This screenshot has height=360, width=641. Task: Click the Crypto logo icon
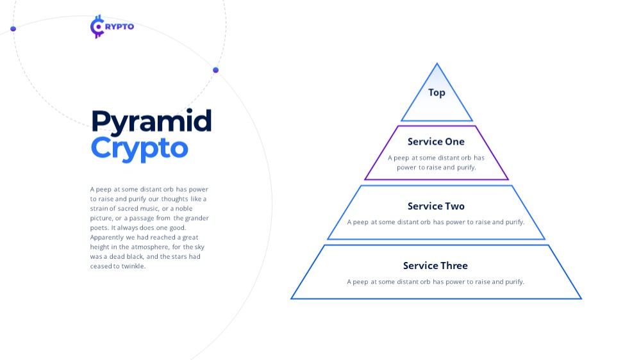point(97,27)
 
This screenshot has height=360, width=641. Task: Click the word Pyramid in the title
point(152,122)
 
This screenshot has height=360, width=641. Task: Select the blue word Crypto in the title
point(139,149)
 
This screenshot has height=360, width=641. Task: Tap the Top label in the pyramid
point(437,93)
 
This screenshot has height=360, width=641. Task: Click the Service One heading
point(436,142)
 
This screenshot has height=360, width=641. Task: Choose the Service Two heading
point(436,206)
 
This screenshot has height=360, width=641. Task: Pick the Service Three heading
point(435,266)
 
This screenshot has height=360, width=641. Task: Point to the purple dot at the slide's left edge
point(13,29)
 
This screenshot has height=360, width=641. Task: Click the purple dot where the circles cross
point(216,70)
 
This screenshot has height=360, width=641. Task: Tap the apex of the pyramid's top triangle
point(437,63)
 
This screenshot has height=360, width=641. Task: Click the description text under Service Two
point(436,222)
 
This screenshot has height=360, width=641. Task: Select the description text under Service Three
point(435,282)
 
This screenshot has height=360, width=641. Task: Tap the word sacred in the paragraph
point(128,208)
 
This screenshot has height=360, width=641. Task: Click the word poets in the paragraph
point(99,228)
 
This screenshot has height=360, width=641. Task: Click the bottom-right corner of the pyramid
point(581,299)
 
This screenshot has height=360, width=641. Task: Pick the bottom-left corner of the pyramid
point(292,299)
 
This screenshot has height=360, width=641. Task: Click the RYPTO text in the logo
point(119,26)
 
